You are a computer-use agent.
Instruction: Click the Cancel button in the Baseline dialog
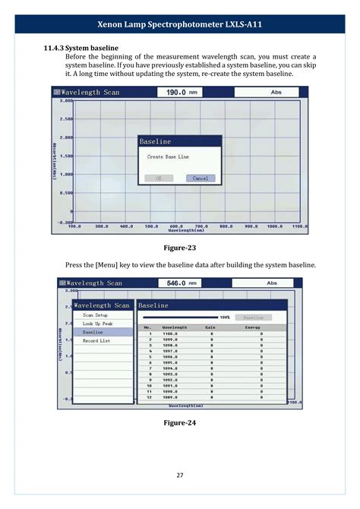pos(201,179)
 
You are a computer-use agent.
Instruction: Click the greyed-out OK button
pos(159,179)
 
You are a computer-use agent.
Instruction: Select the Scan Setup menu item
pos(96,315)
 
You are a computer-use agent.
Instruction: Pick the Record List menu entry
pos(96,341)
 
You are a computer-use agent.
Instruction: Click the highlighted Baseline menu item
pos(93,332)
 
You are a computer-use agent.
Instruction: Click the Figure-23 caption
pos(180,248)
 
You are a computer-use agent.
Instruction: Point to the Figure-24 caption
pos(180,423)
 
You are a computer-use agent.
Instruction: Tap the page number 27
pos(180,476)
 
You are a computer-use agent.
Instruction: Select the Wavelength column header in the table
pos(175,327)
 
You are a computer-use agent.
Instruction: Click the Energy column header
pos(251,327)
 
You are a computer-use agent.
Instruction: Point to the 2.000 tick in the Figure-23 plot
pos(67,138)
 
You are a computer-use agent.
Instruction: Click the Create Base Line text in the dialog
pos(168,157)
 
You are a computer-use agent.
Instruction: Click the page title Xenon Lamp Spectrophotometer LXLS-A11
pos(180,24)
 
